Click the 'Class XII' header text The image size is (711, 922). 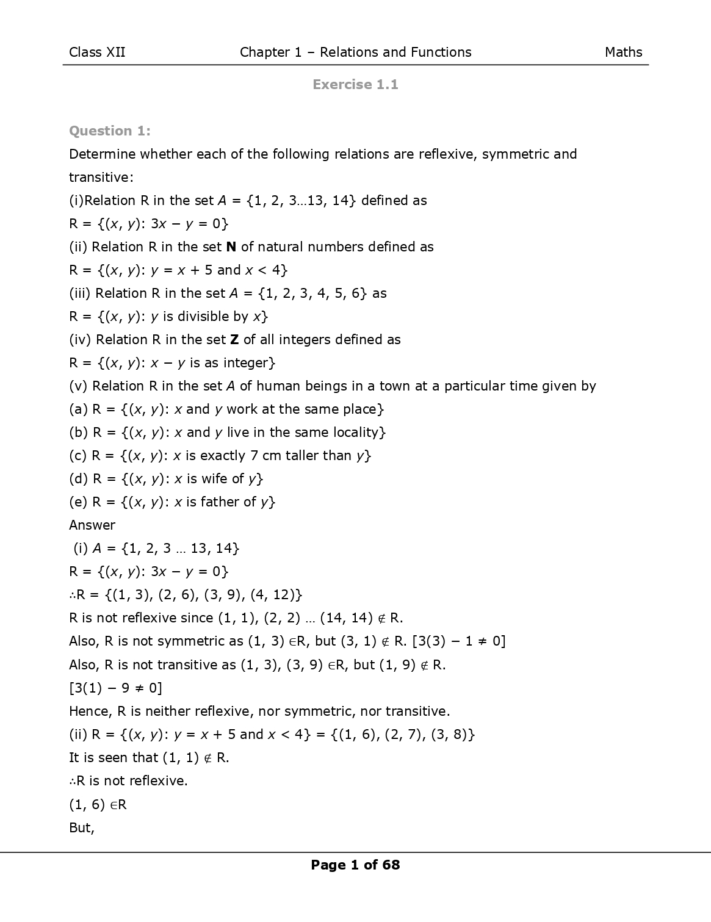click(x=97, y=52)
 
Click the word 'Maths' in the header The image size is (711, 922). click(x=623, y=52)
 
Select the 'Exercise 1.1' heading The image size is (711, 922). click(x=355, y=85)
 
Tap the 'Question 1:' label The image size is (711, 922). click(x=109, y=131)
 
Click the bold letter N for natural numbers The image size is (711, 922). click(x=231, y=247)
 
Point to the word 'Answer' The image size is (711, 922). click(x=92, y=525)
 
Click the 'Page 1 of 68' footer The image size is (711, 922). click(x=355, y=865)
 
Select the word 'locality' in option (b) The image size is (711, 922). click(x=359, y=433)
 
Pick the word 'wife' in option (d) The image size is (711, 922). click(x=214, y=479)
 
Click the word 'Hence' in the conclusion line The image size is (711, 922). click(x=89, y=711)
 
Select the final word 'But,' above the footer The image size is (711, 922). click(x=82, y=828)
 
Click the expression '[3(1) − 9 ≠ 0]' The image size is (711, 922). click(x=115, y=688)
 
